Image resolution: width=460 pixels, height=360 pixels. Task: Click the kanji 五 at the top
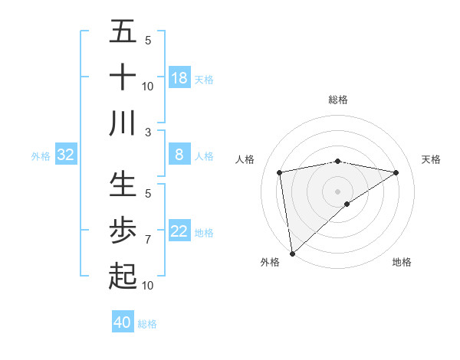pos(123,33)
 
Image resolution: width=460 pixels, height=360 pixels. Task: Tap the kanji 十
pos(123,77)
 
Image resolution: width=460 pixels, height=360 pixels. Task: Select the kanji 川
pos(123,123)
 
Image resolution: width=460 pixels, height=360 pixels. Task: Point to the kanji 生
pos(123,185)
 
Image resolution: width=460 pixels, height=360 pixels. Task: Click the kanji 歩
pos(123,230)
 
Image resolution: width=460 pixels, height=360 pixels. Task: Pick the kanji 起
pos(123,275)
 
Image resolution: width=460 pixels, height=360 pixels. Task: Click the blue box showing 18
pos(179,78)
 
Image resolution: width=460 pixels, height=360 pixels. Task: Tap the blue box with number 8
pos(179,155)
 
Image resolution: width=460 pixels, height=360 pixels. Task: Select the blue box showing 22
pos(179,232)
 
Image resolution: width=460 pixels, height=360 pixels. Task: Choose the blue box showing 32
pos(66,155)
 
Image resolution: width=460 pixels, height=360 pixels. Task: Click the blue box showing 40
pos(123,322)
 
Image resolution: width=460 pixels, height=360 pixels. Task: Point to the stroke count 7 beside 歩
pos(147,240)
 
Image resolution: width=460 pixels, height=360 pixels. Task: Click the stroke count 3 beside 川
pos(147,132)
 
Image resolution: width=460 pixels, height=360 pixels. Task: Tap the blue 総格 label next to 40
pos(147,324)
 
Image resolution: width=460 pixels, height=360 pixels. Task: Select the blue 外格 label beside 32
pos(41,156)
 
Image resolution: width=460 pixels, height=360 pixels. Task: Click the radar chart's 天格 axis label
pos(432,159)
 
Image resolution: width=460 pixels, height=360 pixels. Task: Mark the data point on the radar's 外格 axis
pos(292,253)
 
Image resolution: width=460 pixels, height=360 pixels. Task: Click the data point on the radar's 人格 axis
pos(280,172)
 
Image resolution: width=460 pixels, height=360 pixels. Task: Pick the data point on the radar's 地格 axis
pos(347,204)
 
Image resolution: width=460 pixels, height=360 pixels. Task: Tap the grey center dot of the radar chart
pos(337,190)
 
